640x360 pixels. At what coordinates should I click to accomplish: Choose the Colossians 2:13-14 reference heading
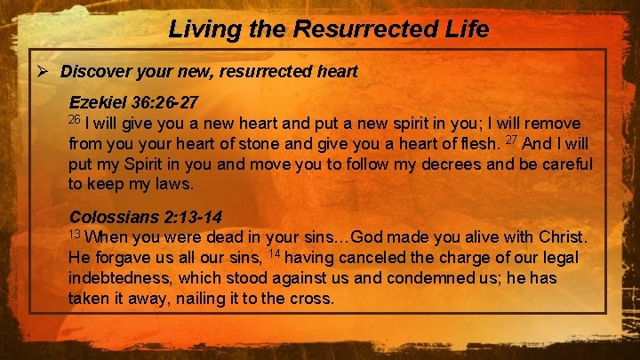tap(146, 217)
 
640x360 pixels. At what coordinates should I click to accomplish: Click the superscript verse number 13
tap(75, 234)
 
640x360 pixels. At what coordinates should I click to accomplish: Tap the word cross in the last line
tap(311, 299)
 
